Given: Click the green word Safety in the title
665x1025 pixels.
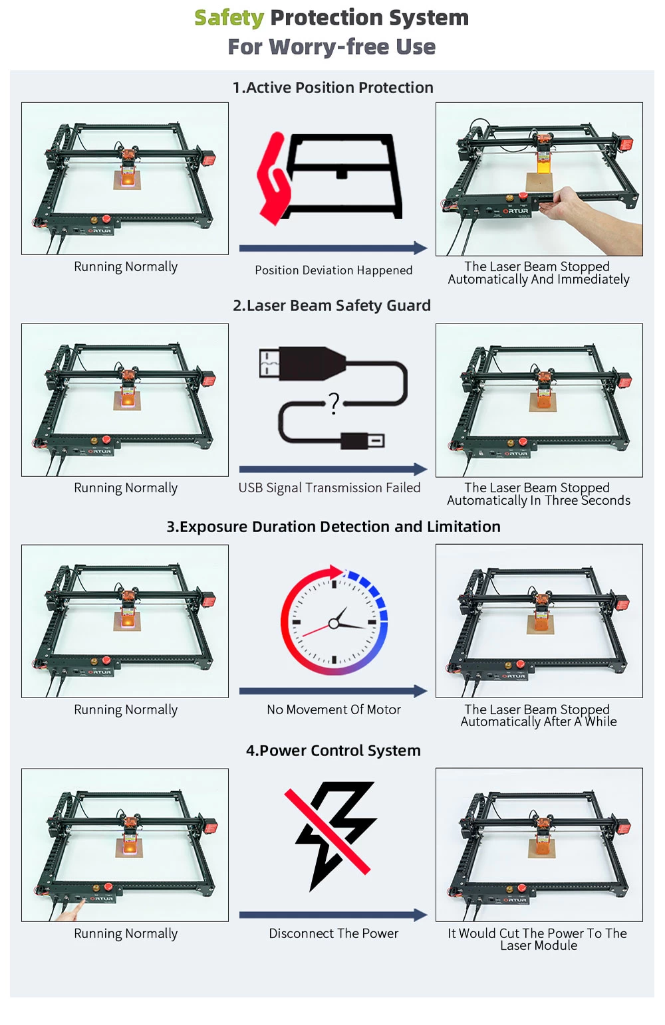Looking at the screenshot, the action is [x=229, y=19].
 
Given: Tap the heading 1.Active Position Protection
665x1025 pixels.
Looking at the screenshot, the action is [x=333, y=88].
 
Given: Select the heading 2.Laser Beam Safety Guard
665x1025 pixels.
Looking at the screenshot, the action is [x=332, y=305].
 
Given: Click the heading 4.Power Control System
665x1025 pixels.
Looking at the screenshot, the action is [x=333, y=751].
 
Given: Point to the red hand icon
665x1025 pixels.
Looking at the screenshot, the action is [x=274, y=179].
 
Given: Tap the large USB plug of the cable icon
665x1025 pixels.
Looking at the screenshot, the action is [x=303, y=364].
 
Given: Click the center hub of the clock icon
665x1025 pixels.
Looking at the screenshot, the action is [x=334, y=623].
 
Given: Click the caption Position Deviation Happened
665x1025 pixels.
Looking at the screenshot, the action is [x=333, y=270].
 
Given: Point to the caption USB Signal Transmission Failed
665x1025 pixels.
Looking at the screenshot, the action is [x=329, y=488].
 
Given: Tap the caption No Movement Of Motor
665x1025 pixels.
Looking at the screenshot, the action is [x=333, y=709].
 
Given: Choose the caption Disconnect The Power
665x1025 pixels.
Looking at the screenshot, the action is [x=333, y=933].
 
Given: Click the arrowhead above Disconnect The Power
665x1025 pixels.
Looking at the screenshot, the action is [x=420, y=915].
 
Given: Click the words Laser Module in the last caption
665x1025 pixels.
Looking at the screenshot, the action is [x=539, y=945].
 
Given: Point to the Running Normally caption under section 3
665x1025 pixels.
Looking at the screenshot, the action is [x=126, y=709].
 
